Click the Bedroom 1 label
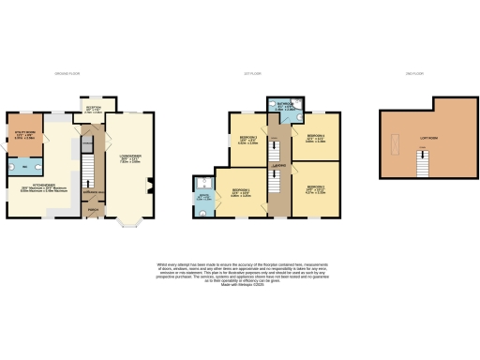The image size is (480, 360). pos(239,192)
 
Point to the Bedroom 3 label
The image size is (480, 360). pos(239,141)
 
